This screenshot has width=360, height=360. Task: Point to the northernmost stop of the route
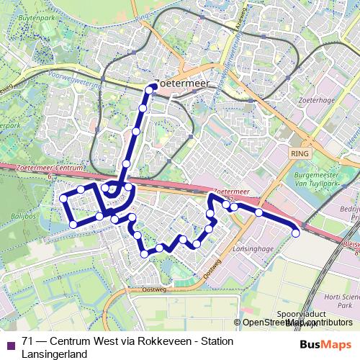(151, 89)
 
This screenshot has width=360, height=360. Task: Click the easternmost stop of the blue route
(295, 232)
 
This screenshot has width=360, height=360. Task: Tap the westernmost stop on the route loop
(63, 198)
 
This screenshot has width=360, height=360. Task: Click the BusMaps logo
(325, 346)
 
